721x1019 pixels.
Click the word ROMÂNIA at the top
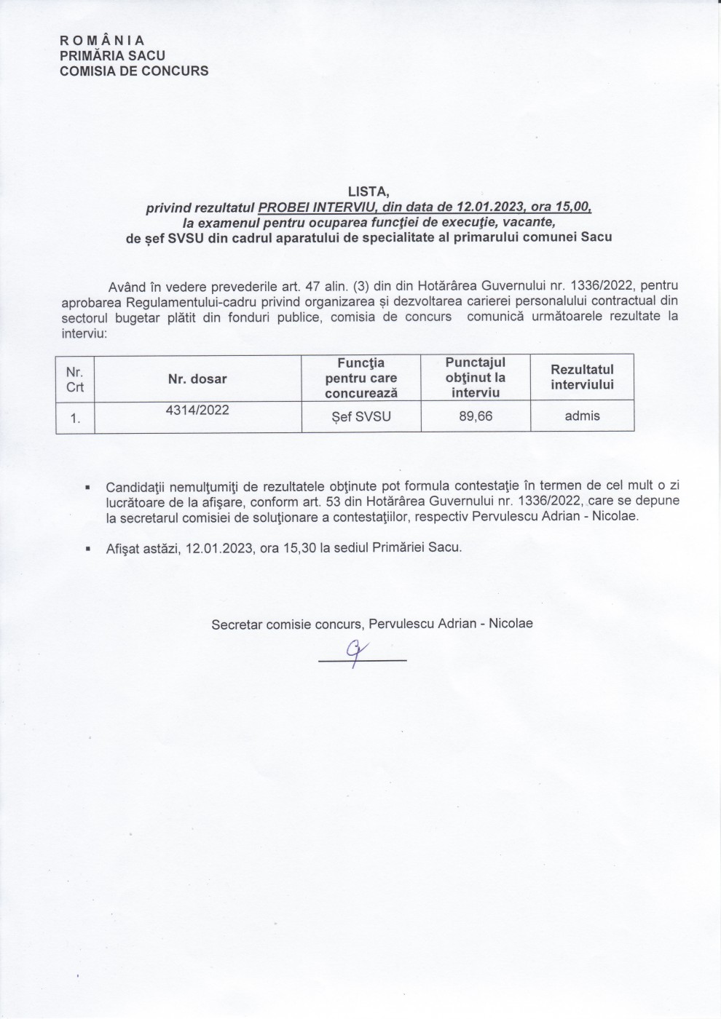click(102, 41)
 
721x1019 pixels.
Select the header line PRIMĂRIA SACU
click(112, 56)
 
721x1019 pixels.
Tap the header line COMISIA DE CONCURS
click(134, 71)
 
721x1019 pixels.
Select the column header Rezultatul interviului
click(582, 377)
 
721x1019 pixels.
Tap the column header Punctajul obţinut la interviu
click(475, 377)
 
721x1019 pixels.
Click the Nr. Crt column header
click(75, 379)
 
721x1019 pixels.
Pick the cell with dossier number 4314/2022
click(197, 411)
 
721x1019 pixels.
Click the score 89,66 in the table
click(475, 416)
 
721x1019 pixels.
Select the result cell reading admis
click(582, 416)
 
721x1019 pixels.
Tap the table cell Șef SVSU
click(360, 417)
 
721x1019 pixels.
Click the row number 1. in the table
click(75, 419)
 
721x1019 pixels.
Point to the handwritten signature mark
click(355, 652)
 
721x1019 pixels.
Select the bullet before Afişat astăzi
click(88, 549)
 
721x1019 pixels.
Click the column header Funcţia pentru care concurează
click(361, 377)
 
